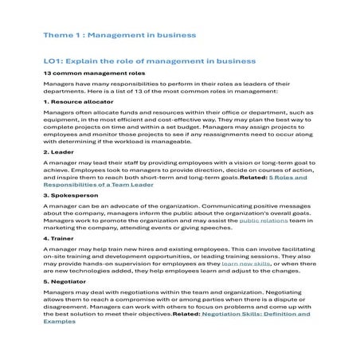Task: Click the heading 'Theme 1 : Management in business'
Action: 119,36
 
